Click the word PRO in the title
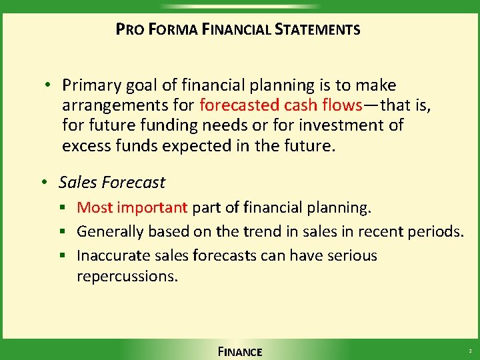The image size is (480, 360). pos(126,29)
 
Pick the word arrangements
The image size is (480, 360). pos(105,105)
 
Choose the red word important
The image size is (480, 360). pos(153,208)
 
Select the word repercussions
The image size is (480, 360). pos(127,276)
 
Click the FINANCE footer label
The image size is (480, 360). pos(240,351)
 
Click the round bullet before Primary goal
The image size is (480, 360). pos(49,85)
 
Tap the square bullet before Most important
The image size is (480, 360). pos(67,209)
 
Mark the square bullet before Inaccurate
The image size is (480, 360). pos(67,256)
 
